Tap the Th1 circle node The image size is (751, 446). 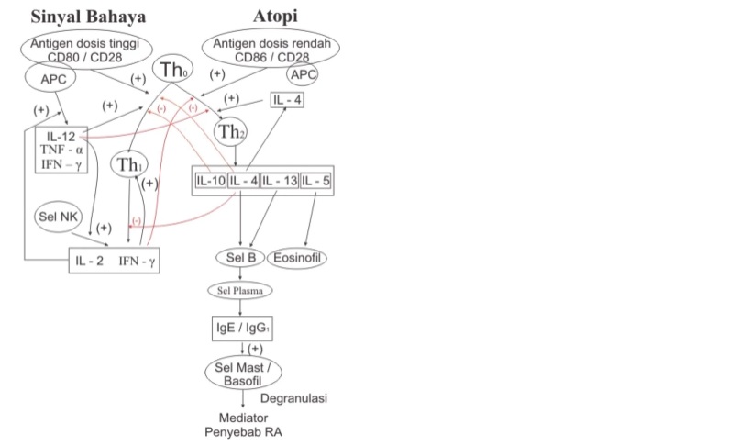(x=127, y=165)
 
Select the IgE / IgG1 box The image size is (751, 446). (x=240, y=326)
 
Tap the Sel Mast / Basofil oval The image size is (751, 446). (x=242, y=373)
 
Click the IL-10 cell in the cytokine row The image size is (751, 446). (x=210, y=181)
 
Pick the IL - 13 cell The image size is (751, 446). (x=280, y=181)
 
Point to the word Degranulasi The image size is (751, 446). (x=293, y=398)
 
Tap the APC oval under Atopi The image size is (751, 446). (x=303, y=74)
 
